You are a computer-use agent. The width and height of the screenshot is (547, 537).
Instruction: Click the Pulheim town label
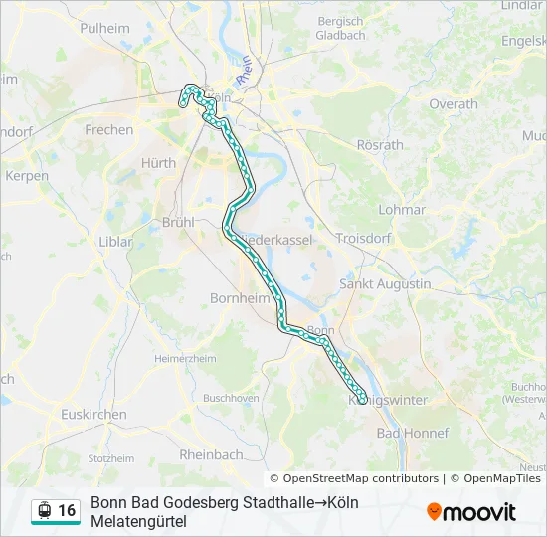105,29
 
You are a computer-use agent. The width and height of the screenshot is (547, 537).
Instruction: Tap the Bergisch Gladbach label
340,28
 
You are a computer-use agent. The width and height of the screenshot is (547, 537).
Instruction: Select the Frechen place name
109,130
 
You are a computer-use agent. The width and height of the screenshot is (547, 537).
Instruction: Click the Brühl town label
178,223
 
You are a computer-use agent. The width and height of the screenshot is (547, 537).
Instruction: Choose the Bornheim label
235,298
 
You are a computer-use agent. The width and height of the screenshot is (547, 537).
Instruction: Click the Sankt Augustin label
385,284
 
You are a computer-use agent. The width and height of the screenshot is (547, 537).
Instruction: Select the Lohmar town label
402,210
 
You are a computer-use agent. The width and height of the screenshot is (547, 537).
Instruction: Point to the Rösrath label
380,145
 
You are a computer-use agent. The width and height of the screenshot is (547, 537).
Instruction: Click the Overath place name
454,104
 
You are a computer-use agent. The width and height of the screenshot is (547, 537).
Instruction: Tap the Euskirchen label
93,415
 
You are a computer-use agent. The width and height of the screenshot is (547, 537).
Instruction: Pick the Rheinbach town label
211,454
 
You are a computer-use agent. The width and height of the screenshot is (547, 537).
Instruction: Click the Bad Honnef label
413,434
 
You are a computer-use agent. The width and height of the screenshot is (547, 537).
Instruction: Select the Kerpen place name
27,176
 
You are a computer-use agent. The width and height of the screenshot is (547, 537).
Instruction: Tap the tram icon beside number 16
44,510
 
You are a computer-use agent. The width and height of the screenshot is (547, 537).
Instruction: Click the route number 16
67,510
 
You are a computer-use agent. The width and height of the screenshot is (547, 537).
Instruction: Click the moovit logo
471,512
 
